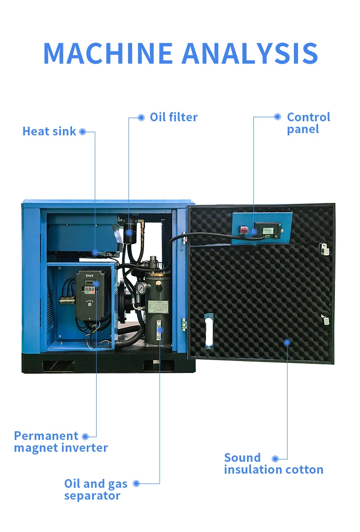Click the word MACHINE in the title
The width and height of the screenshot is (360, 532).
click(x=108, y=53)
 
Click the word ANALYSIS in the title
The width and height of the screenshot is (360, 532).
click(x=250, y=53)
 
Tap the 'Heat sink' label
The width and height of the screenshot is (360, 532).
click(x=49, y=131)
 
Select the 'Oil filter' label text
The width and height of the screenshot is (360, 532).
click(x=174, y=117)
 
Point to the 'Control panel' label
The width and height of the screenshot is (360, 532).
click(x=308, y=123)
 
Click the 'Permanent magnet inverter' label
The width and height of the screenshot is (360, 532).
click(x=61, y=442)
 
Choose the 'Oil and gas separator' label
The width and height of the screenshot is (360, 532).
click(x=96, y=489)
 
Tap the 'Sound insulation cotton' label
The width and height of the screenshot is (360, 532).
click(x=273, y=464)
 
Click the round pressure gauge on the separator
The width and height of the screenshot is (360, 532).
click(x=143, y=288)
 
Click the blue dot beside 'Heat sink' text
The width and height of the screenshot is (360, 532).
click(x=82, y=132)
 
